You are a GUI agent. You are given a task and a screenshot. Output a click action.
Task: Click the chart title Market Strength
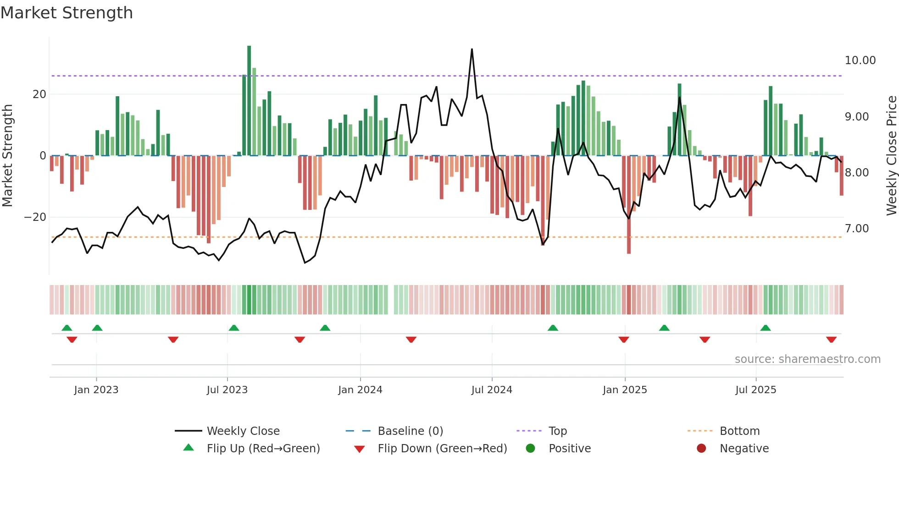tap(67, 13)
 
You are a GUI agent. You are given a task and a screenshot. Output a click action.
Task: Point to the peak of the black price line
tap(472, 49)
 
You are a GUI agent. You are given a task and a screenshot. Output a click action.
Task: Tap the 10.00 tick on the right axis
tap(860, 60)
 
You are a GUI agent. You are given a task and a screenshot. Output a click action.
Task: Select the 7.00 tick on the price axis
tap(856, 229)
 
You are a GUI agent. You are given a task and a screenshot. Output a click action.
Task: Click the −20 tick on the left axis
tap(35, 217)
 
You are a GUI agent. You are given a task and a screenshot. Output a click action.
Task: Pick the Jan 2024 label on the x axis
tap(360, 390)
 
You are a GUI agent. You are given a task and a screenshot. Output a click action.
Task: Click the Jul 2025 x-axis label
tap(755, 390)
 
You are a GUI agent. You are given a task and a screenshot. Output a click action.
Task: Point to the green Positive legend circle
tap(531, 449)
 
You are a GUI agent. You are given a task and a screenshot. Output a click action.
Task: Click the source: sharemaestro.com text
tap(807, 359)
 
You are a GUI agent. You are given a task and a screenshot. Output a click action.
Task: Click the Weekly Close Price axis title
tap(891, 156)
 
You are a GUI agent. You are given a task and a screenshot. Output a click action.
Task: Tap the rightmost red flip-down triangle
tap(831, 340)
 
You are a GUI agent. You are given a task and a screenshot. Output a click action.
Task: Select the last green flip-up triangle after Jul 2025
tap(765, 328)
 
